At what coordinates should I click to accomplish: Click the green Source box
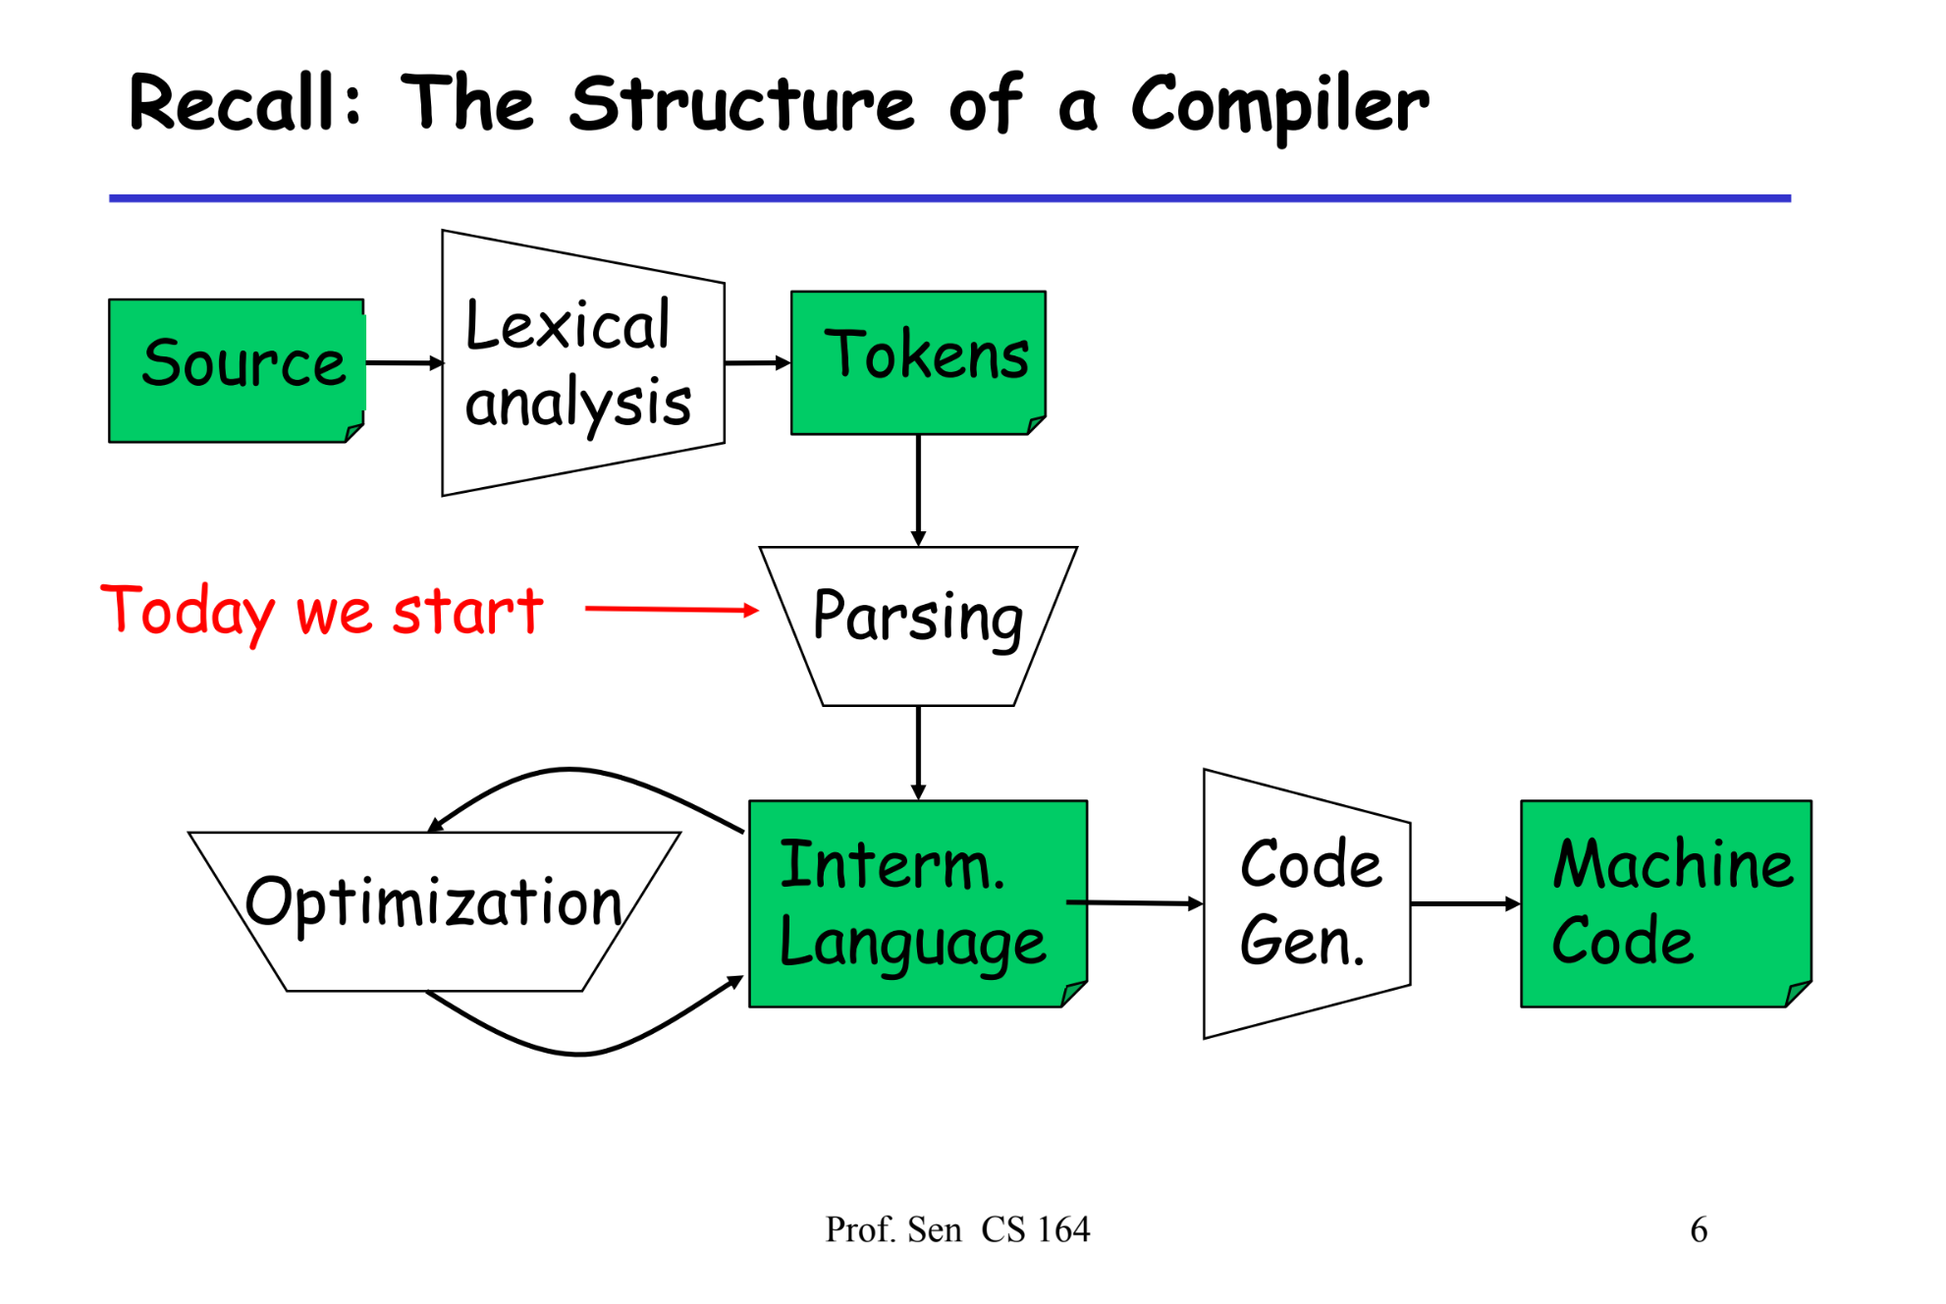pyautogui.click(x=236, y=370)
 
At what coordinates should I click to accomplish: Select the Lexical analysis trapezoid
pyautogui.click(x=582, y=363)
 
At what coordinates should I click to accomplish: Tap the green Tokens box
pyautogui.click(x=918, y=361)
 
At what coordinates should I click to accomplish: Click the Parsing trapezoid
pyautogui.click(x=918, y=625)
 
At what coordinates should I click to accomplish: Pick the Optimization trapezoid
pyautogui.click(x=434, y=910)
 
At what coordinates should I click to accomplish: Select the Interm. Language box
pyautogui.click(x=917, y=903)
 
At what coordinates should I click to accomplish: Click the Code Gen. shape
pyautogui.click(x=1306, y=903)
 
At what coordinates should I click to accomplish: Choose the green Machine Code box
pyautogui.click(x=1665, y=903)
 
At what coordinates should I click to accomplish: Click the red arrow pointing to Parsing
pyautogui.click(x=672, y=609)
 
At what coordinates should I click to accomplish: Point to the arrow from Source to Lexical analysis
pyautogui.click(x=404, y=362)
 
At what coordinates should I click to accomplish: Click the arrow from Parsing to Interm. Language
pyautogui.click(x=918, y=751)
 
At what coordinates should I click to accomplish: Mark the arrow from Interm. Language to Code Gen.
pyautogui.click(x=1134, y=902)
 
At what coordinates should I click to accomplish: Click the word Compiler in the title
pyautogui.click(x=1280, y=106)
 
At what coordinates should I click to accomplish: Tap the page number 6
pyautogui.click(x=1699, y=1229)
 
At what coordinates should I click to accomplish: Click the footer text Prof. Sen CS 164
pyautogui.click(x=957, y=1229)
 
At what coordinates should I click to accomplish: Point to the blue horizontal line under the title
pyautogui.click(x=949, y=198)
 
